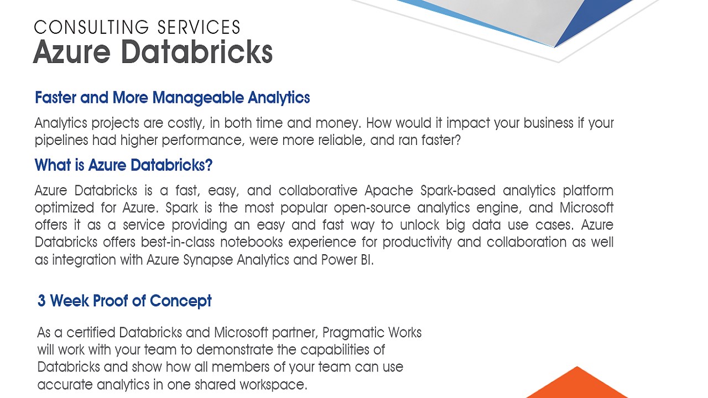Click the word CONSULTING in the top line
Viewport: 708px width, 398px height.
tap(91, 27)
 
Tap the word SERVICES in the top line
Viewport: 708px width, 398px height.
tap(199, 27)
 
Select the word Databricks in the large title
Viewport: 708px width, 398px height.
tap(196, 51)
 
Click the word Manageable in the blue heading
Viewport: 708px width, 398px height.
tap(198, 98)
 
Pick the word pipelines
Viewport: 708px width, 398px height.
tap(61, 140)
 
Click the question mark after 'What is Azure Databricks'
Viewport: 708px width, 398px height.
tap(209, 165)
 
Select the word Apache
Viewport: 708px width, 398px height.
tap(389, 191)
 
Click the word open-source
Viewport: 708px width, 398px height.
tap(372, 208)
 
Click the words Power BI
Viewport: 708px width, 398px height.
tap(347, 260)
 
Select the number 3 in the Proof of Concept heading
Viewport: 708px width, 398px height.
tap(41, 300)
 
